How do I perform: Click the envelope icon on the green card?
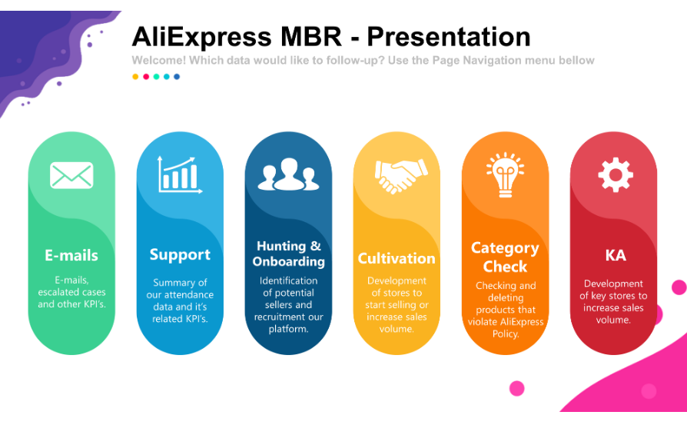[71, 175]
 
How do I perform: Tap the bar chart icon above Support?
[180, 174]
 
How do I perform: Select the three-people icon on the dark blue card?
[288, 174]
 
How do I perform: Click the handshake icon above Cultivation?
[401, 176]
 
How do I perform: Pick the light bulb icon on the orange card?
[505, 174]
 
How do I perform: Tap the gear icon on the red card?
[616, 174]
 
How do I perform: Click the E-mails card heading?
[71, 255]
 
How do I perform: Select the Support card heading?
[180, 255]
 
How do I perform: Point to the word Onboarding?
[289, 261]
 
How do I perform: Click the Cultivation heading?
[397, 258]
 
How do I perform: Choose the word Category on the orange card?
[505, 248]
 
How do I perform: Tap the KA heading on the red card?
[616, 255]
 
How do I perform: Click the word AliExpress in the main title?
[201, 36]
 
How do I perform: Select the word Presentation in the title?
[449, 36]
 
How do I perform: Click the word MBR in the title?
[311, 36]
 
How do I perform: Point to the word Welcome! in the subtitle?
[158, 61]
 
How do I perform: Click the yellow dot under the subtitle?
[135, 77]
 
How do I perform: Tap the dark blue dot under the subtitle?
[177, 77]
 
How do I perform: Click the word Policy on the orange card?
[505, 334]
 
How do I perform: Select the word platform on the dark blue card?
[288, 329]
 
